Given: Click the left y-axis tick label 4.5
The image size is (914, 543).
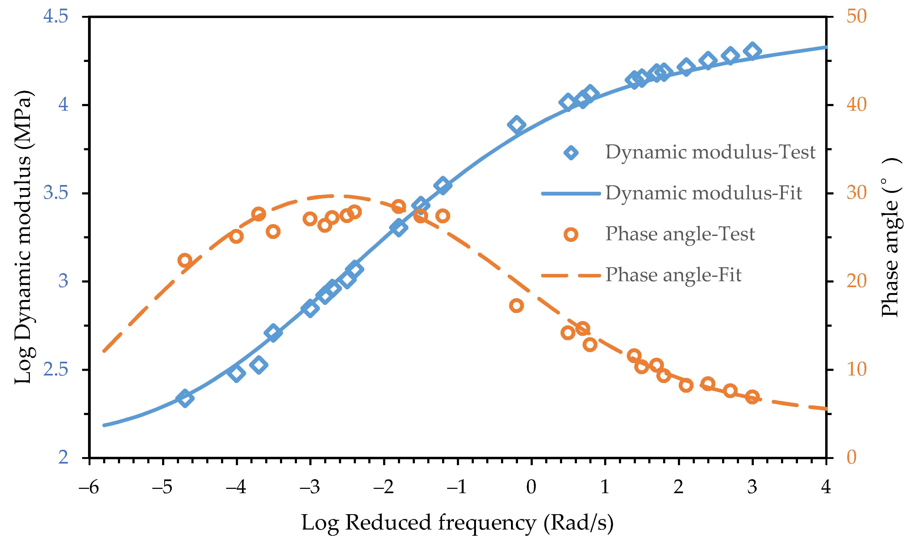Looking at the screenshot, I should click(55, 16).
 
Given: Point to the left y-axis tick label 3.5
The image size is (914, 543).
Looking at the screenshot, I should click(55, 193).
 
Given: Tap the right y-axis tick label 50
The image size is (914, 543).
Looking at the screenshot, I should click(857, 16).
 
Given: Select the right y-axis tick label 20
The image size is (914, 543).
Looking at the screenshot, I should click(857, 281).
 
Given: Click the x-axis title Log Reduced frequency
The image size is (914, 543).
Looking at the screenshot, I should click(457, 523).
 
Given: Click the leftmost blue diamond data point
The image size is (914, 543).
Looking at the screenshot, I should click(185, 398).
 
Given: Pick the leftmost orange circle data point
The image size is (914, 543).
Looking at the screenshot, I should click(185, 260).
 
